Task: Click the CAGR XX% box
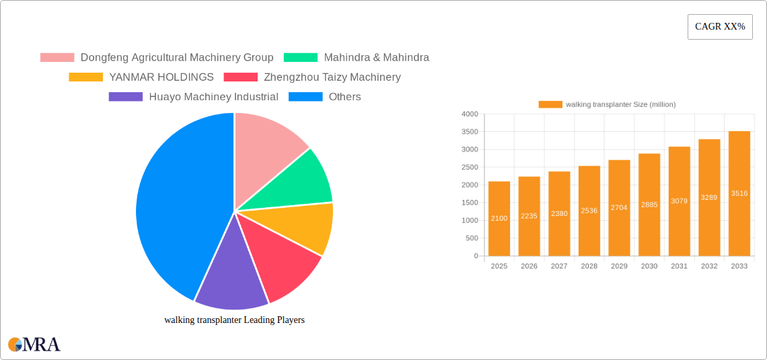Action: coord(719,27)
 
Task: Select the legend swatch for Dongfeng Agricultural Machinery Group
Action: coord(57,58)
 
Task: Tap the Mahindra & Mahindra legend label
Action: coord(376,58)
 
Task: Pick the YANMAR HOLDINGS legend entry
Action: coord(161,77)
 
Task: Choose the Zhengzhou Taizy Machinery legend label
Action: coord(332,77)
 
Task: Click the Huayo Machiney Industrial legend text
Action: coord(213,97)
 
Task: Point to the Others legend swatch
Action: coord(305,97)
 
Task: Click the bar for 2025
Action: coord(499,219)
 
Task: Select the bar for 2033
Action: coord(739,194)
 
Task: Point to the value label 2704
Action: coord(619,208)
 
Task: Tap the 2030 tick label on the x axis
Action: coord(649,266)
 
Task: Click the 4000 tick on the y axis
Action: coord(470,114)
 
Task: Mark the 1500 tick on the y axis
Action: coord(470,203)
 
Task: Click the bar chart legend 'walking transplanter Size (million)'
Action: coord(607,104)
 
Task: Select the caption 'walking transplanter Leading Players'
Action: coord(234,320)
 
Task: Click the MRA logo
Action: coord(34,345)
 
